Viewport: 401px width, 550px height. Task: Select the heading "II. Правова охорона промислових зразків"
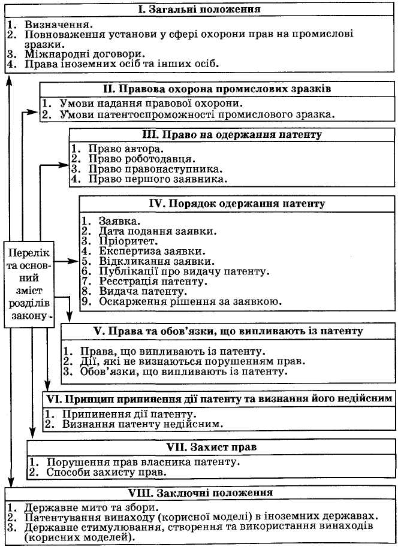point(216,89)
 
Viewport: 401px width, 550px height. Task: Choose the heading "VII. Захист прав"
point(214,447)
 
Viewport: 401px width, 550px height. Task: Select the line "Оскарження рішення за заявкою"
point(190,301)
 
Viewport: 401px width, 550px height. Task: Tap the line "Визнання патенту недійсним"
point(143,424)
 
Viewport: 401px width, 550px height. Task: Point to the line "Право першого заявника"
point(158,179)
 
